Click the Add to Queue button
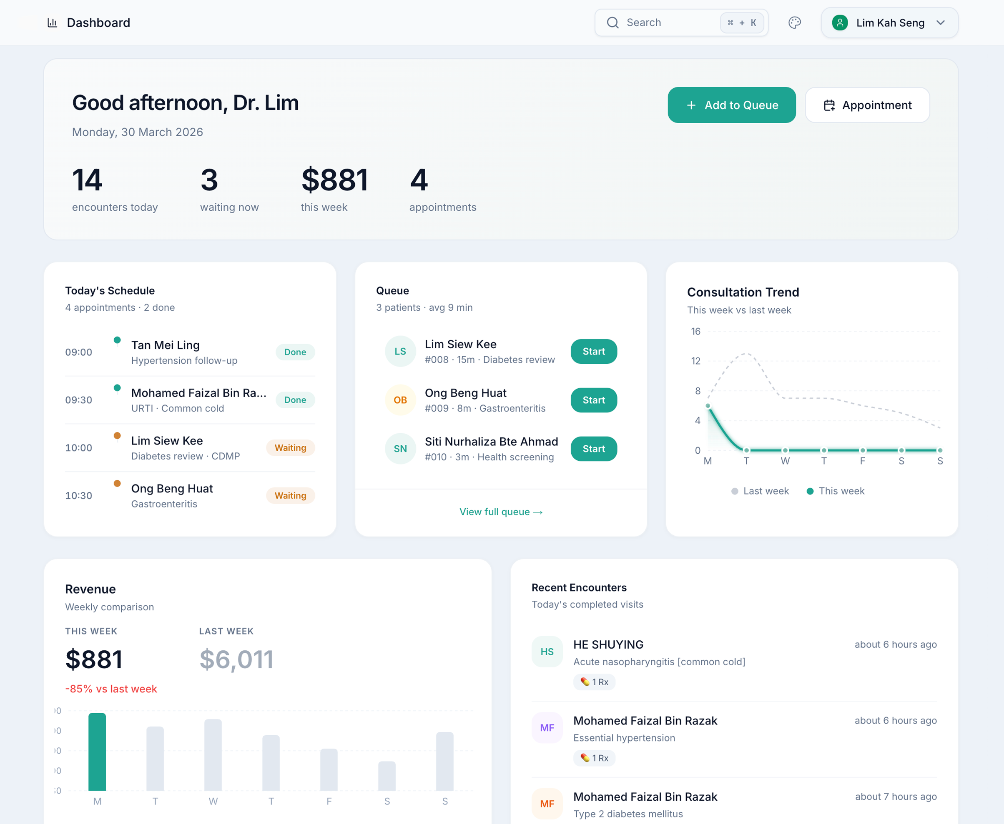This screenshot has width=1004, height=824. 731,105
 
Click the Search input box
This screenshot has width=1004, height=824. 665,23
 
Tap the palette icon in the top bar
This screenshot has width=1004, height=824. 795,23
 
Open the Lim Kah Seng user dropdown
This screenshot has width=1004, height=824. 889,23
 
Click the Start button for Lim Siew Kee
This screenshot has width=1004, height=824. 593,352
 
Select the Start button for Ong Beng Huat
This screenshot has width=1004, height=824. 593,400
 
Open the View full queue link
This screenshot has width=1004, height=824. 501,512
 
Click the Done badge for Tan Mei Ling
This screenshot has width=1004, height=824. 295,352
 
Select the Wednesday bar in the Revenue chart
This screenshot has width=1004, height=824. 213,755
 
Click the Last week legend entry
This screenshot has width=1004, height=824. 760,491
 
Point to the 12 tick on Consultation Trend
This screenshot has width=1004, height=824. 696,361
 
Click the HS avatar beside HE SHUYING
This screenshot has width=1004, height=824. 547,652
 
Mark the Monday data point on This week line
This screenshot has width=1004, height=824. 708,406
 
